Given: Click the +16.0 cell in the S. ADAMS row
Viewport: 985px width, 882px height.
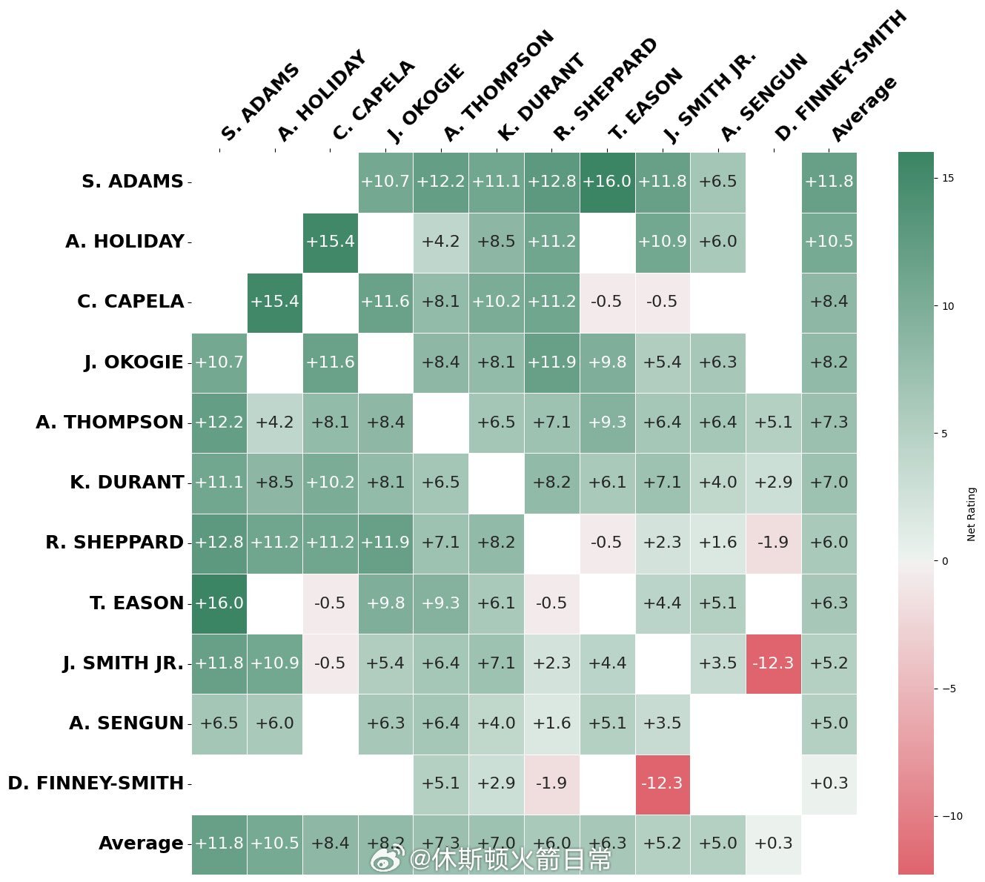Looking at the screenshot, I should (607, 182).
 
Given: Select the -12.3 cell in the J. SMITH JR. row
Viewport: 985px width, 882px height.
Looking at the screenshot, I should (773, 663).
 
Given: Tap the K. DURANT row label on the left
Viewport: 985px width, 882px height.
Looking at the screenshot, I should (127, 483).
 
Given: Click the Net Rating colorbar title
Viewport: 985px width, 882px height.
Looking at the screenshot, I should (972, 514).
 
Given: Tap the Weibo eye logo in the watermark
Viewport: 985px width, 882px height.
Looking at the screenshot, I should (388, 860).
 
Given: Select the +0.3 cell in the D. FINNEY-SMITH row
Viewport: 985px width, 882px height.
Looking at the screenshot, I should (829, 783).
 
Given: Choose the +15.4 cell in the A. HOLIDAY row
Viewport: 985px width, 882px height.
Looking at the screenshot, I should (330, 242).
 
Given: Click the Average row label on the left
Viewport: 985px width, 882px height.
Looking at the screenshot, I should (141, 843).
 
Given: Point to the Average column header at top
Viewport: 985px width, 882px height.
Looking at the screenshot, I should (863, 110).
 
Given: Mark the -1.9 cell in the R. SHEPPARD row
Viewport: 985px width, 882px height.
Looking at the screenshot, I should (773, 543).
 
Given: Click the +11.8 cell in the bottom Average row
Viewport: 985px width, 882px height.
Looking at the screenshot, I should (219, 843).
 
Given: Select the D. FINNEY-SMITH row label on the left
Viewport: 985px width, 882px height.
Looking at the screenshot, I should (96, 783).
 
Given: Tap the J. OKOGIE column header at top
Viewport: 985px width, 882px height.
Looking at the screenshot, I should (426, 104).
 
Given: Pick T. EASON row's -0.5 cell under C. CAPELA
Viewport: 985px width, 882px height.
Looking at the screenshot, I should (330, 603).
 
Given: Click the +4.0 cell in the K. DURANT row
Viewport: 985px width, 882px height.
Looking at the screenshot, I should (717, 483).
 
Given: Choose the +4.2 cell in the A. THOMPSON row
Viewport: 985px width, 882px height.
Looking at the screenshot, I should (274, 422).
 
